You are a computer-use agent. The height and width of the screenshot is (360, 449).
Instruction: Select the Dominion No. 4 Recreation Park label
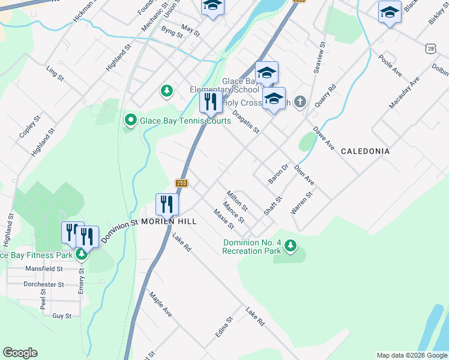pos(252,247)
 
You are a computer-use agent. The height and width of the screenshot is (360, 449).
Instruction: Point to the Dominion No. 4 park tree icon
pos(291,245)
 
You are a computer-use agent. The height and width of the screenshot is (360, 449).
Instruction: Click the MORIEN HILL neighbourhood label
pos(169,221)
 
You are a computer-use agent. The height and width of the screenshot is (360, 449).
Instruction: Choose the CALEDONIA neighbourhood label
pos(365,151)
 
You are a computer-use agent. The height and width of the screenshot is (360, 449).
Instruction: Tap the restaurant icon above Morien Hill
pos(167,205)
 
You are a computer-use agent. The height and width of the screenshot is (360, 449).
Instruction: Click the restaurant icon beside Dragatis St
pos(211,103)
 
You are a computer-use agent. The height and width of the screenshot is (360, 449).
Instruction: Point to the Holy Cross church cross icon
pos(301,103)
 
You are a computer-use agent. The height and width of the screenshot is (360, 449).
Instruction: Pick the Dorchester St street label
pos(43,284)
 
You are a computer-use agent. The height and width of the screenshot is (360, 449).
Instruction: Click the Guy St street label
pos(62,316)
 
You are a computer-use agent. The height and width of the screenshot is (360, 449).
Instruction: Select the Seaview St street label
pos(319,58)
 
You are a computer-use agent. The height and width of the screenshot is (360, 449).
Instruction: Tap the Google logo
pos(20,353)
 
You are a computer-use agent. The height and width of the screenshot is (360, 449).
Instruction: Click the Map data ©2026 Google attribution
pos(411,355)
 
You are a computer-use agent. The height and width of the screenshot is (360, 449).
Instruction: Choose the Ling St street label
pos(55,73)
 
